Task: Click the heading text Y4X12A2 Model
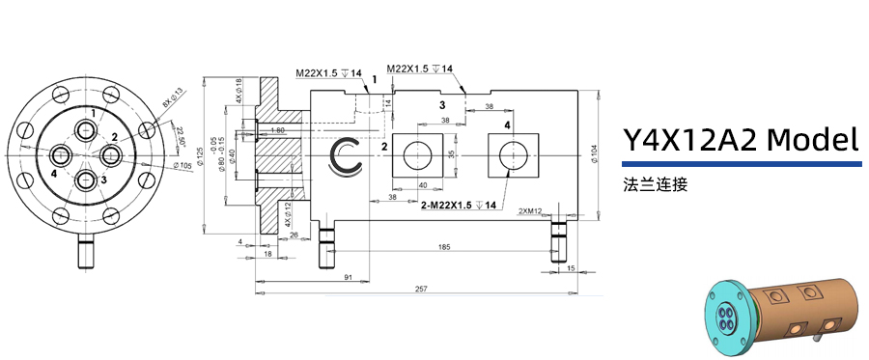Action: pos(740,141)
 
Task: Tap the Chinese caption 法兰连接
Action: pos(656,183)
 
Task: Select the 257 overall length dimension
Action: pos(421,289)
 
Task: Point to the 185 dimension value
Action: pos(444,248)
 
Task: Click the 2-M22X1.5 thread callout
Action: pos(459,206)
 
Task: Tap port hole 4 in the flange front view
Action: pos(61,156)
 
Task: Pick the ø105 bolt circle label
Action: pos(180,165)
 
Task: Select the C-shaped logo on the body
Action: pos(346,157)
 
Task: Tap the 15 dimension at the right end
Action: pos(572,267)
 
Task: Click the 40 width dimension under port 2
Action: pos(423,185)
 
